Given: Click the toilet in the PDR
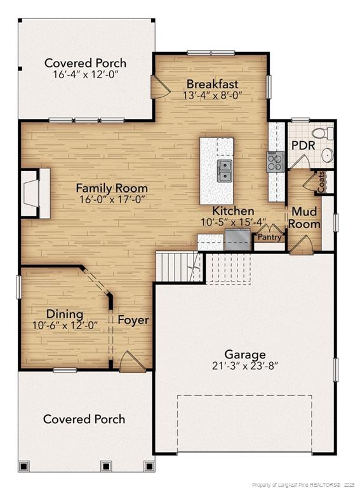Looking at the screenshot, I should click(x=326, y=133).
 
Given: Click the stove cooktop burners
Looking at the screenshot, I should click(x=274, y=161).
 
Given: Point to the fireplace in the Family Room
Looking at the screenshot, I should click(x=36, y=194).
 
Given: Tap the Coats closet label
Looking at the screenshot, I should click(x=321, y=182).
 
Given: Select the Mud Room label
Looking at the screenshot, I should click(x=304, y=217).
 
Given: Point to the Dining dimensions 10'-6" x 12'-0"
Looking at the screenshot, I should click(x=65, y=325).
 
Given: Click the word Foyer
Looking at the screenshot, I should click(x=133, y=320).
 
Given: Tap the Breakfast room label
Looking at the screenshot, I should click(x=212, y=84).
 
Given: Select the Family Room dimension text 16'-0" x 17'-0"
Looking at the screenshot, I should click(x=112, y=199).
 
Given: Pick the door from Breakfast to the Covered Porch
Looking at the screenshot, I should click(x=159, y=87).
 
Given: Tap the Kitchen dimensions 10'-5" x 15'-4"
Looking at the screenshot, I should click(x=233, y=222).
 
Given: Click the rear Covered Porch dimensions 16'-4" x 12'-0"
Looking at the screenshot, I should click(x=85, y=74).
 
